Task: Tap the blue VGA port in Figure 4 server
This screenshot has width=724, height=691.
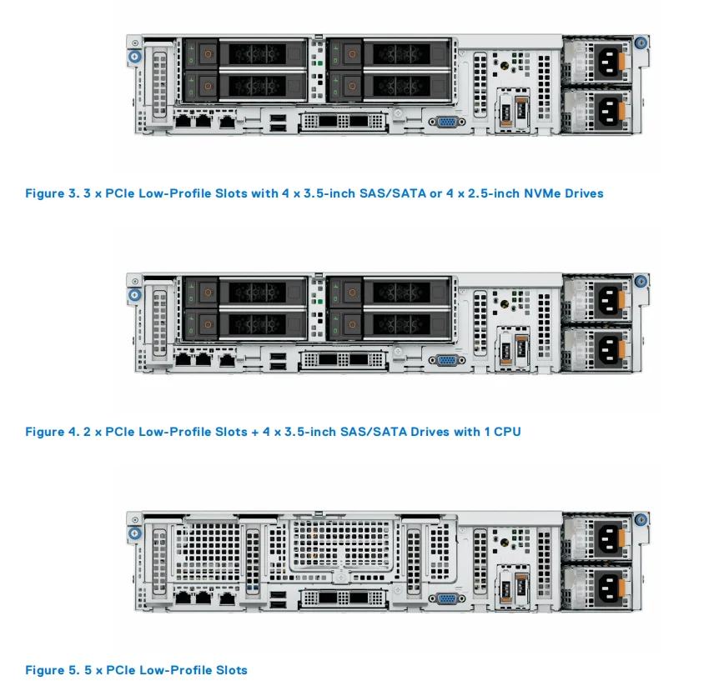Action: click(447, 360)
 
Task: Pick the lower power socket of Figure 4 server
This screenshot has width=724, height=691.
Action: click(606, 348)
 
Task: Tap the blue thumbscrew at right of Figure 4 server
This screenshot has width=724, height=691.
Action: click(641, 282)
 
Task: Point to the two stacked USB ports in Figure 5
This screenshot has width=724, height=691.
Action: click(277, 599)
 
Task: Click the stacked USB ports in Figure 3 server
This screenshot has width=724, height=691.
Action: click(277, 123)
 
